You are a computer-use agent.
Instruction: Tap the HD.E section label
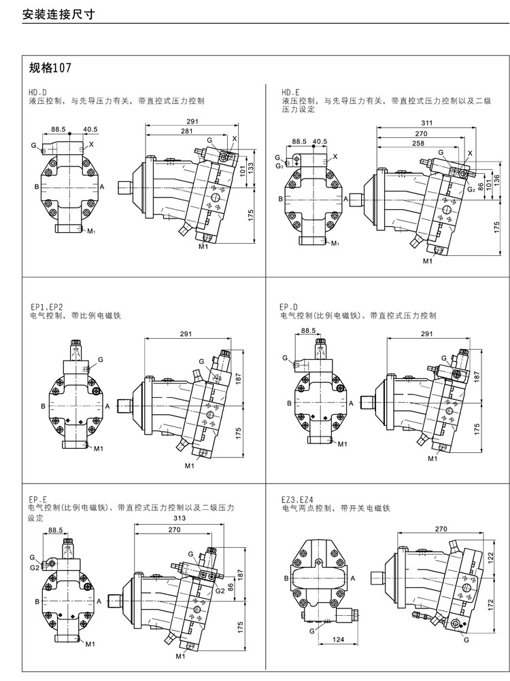(290, 92)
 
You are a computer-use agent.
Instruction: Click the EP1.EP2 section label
(46, 307)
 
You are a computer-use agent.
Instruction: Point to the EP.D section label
(290, 307)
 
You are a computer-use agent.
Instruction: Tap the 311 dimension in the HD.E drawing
(427, 124)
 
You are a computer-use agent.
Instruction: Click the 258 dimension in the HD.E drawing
(418, 144)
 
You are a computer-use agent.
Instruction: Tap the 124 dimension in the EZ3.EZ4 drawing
(337, 639)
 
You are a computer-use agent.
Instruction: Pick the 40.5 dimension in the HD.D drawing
(90, 129)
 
